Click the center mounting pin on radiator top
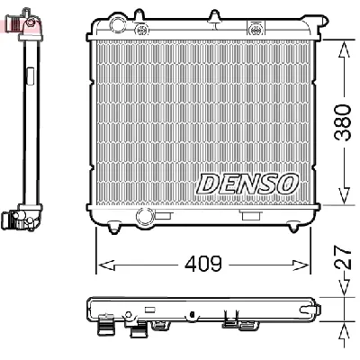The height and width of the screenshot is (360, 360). tap(214, 15)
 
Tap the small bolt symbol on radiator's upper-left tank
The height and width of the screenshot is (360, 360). tap(142, 28)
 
